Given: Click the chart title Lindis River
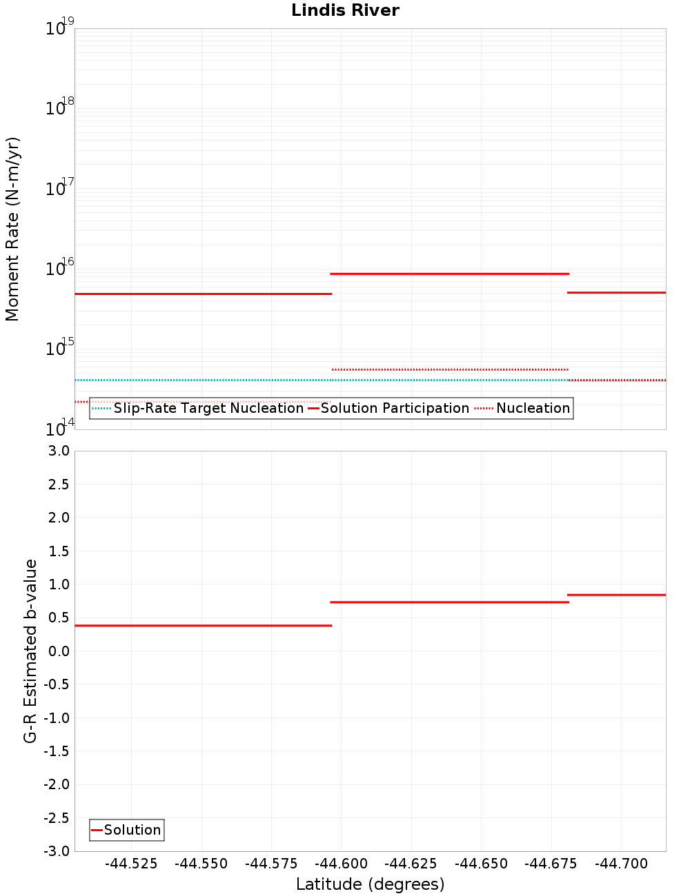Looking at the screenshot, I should [345, 10].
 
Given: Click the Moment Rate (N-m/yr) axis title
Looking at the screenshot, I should [12, 229].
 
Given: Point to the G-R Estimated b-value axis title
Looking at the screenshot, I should [30, 651].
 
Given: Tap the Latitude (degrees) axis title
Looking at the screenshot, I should [370, 884].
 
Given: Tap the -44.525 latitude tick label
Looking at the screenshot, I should [131, 864].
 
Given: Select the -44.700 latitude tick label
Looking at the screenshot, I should [621, 864].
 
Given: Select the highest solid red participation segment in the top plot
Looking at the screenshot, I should [449, 274].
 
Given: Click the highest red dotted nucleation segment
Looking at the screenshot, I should [449, 369].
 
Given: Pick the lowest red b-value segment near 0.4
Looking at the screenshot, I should [203, 625].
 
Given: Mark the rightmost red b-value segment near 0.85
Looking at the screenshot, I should [616, 594].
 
